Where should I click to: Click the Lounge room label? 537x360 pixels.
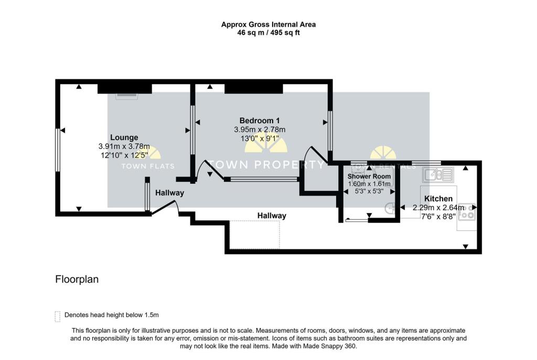click(x=124, y=137)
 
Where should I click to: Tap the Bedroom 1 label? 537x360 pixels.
click(x=260, y=120)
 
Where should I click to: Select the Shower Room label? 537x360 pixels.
click(x=369, y=176)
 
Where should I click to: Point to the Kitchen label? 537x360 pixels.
click(x=438, y=199)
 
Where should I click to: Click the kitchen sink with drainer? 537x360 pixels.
click(x=439, y=174)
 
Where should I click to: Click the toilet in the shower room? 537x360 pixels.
click(x=390, y=208)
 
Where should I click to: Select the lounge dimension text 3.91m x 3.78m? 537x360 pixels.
click(x=124, y=146)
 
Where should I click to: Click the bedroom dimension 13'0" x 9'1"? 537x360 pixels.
click(x=260, y=139)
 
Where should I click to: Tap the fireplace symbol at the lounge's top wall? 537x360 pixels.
click(x=126, y=96)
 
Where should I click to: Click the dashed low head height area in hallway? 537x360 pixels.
click(x=255, y=234)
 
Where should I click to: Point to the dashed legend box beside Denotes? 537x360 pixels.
click(x=58, y=315)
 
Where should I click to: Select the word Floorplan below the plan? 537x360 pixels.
click(x=77, y=279)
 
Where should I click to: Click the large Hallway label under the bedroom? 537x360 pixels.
click(x=272, y=216)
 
